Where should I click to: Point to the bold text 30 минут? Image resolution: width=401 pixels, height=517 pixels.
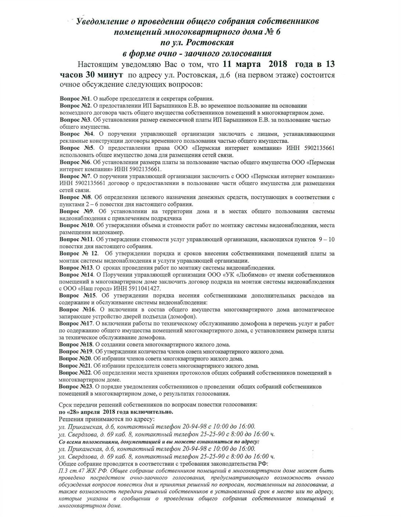click(x=105, y=75)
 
